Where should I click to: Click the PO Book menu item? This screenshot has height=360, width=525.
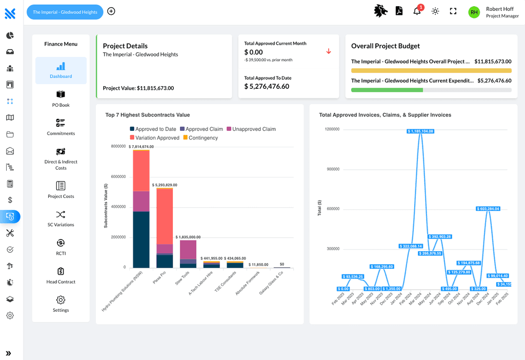tap(60, 99)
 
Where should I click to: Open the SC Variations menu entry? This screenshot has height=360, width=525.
tap(60, 218)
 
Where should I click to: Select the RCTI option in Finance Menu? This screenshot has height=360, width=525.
tap(60, 247)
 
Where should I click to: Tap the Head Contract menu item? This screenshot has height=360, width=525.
tap(60, 275)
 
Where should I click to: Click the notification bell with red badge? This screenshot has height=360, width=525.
tap(417, 11)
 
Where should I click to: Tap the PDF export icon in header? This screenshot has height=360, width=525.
tap(399, 11)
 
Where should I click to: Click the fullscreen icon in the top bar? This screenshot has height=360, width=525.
tap(453, 11)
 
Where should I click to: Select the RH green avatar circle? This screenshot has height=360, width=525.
tap(474, 12)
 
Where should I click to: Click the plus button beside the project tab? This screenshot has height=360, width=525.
tap(111, 11)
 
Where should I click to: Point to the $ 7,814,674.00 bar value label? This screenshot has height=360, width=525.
tap(141, 147)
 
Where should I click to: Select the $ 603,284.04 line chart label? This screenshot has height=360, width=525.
tap(488, 209)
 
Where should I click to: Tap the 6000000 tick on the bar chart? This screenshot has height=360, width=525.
tap(118, 177)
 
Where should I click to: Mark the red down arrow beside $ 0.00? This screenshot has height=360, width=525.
tap(329, 51)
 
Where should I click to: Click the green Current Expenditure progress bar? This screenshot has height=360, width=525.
tap(387, 90)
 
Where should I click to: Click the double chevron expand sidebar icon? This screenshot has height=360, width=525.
tap(9, 353)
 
